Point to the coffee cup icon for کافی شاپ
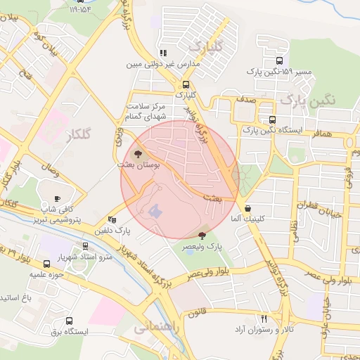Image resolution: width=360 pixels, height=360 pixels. [x=58, y=198]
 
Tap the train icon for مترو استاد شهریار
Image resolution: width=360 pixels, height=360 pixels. [x=86, y=246]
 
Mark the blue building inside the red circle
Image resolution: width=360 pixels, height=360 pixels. [x=155, y=210]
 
